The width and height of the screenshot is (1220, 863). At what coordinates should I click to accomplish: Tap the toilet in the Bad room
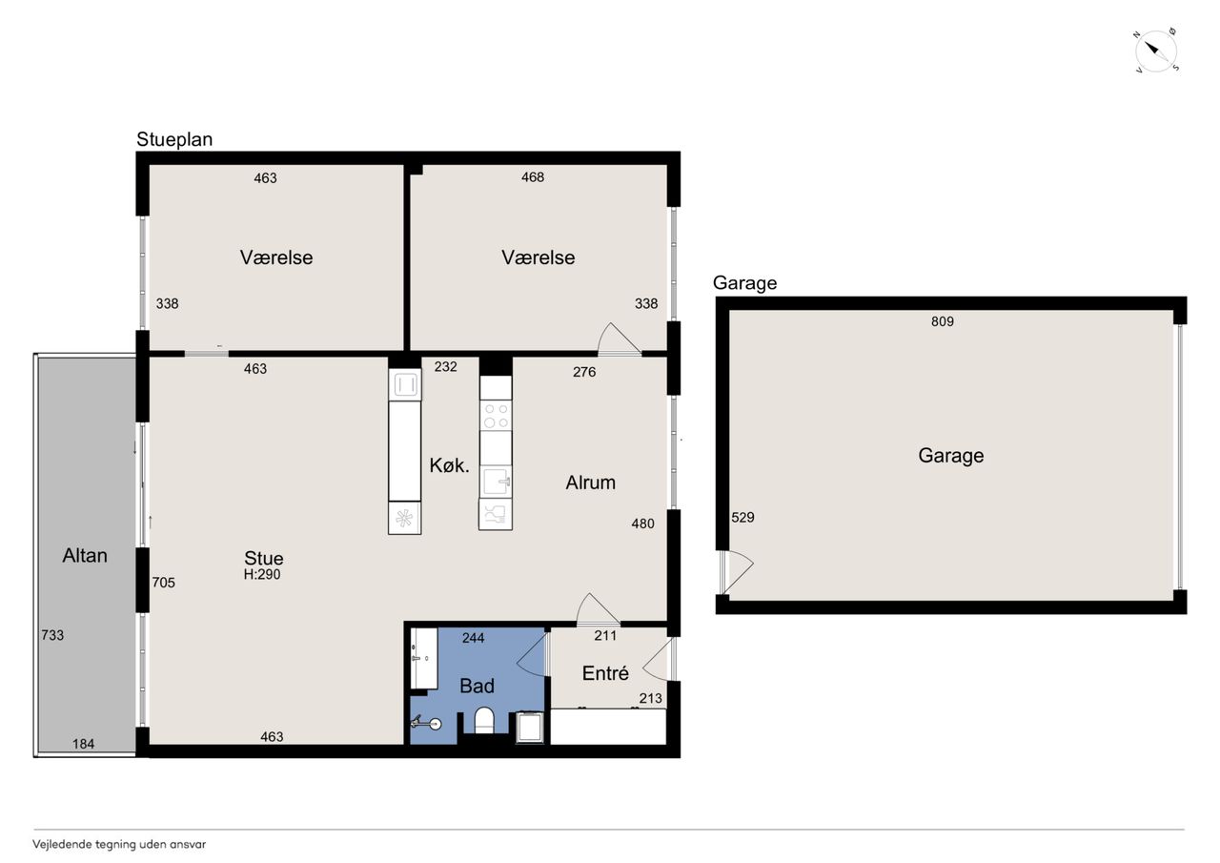pyautogui.click(x=483, y=720)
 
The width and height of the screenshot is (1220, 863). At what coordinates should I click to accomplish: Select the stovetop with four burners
pyautogui.click(x=496, y=416)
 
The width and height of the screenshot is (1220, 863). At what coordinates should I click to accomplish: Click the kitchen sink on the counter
pyautogui.click(x=496, y=481)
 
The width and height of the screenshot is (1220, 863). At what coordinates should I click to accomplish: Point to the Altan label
pyautogui.click(x=85, y=556)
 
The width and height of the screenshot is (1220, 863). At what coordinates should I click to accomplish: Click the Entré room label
pyautogui.click(x=605, y=673)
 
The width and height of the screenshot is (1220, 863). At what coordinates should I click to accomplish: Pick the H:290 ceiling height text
pyautogui.click(x=262, y=574)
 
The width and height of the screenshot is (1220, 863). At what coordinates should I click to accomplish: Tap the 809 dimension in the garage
pyautogui.click(x=943, y=321)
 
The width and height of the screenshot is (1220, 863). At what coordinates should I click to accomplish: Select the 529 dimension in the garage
pyautogui.click(x=742, y=517)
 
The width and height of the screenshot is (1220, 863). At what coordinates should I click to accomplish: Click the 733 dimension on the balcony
pyautogui.click(x=52, y=635)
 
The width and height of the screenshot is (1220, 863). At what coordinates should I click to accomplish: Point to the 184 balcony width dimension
pyautogui.click(x=83, y=744)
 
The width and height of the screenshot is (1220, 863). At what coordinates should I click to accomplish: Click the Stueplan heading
pyautogui.click(x=174, y=139)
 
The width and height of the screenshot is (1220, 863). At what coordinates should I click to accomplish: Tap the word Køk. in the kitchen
pyautogui.click(x=449, y=465)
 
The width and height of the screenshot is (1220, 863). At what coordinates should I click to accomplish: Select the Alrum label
pyautogui.click(x=590, y=483)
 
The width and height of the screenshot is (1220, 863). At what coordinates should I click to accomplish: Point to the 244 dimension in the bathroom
pyautogui.click(x=473, y=638)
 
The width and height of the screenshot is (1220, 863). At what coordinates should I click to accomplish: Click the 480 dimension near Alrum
pyautogui.click(x=642, y=524)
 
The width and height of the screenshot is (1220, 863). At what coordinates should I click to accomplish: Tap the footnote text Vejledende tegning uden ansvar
pyautogui.click(x=119, y=845)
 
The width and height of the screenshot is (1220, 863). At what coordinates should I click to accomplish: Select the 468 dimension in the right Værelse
pyautogui.click(x=533, y=177)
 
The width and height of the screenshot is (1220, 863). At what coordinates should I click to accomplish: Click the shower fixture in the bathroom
pyautogui.click(x=426, y=723)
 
